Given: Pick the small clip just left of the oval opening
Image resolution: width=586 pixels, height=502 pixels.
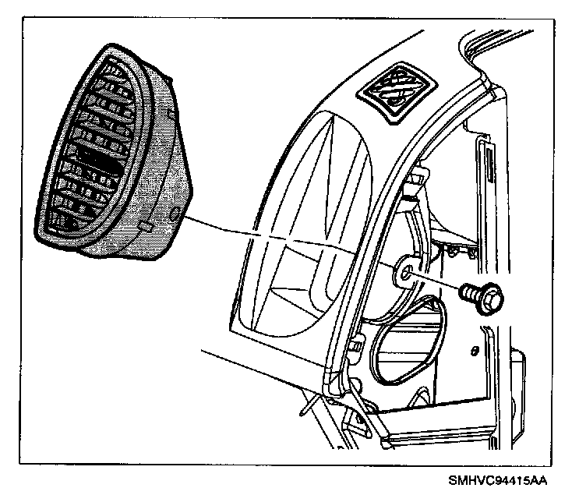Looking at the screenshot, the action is tap(357, 343).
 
